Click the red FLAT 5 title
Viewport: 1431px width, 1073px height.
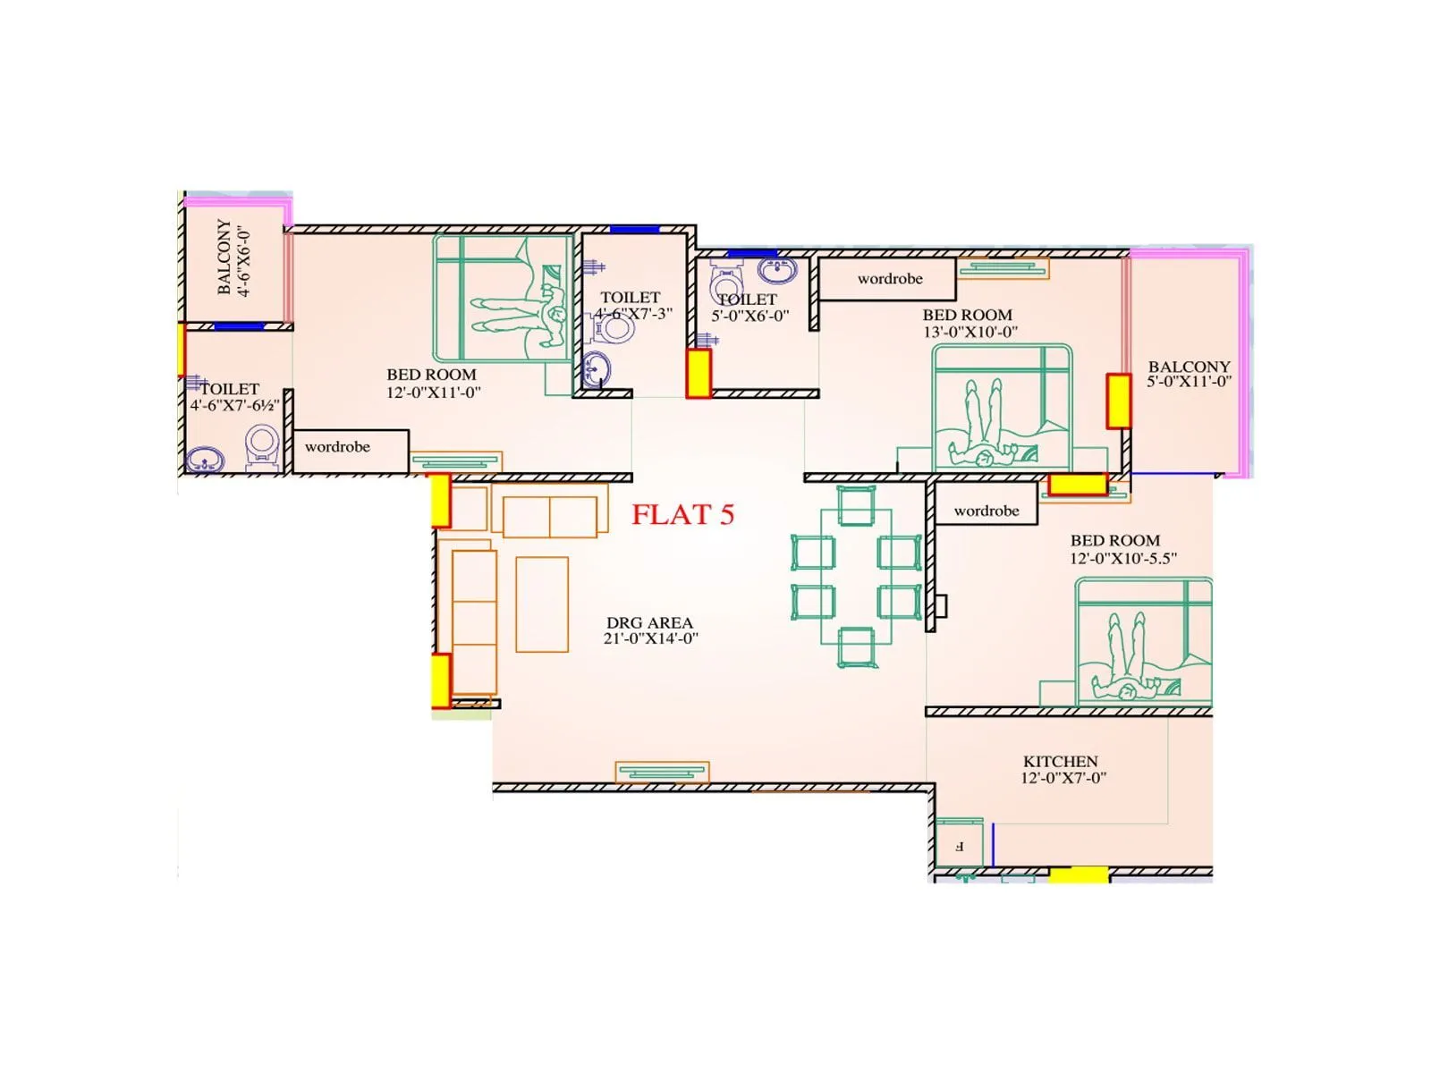pos(682,514)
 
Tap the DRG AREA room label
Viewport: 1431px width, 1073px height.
pos(649,622)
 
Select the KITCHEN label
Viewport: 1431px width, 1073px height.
pos(1060,761)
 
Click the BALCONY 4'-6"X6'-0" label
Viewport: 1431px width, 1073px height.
pos(233,258)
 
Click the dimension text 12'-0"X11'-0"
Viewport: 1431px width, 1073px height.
pos(433,392)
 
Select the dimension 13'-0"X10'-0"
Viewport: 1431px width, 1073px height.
pos(970,332)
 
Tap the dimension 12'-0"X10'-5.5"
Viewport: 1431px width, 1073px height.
pos(1123,558)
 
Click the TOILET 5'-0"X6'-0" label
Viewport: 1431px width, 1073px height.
pos(749,308)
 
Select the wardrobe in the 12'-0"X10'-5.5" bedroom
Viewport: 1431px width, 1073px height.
pos(986,511)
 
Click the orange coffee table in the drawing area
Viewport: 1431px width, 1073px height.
pos(542,604)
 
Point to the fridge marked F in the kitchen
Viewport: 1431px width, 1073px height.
pos(960,843)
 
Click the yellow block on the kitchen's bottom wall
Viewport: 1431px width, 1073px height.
pos(1079,874)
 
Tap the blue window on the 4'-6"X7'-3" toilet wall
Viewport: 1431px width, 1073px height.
pos(634,230)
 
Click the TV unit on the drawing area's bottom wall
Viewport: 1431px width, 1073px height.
pos(662,772)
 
